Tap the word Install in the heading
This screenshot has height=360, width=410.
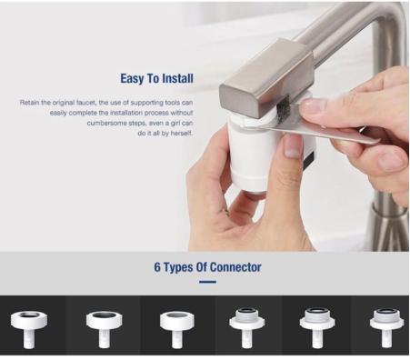[177, 78]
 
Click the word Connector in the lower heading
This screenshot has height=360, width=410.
[235, 267]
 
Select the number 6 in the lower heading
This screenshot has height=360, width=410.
[157, 267]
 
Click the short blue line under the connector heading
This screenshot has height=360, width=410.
[207, 282]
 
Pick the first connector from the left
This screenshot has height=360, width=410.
[29, 329]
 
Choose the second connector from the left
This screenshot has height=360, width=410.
[105, 329]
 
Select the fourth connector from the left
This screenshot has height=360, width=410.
[246, 328]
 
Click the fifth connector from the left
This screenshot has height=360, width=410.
[317, 328]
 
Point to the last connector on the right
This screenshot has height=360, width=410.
[387, 328]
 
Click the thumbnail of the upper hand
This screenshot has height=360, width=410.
[313, 105]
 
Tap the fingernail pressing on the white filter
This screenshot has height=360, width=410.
[293, 146]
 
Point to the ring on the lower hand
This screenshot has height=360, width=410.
[225, 211]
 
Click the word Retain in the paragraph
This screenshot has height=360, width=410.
[29, 103]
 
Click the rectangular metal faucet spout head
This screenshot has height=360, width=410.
[266, 79]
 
